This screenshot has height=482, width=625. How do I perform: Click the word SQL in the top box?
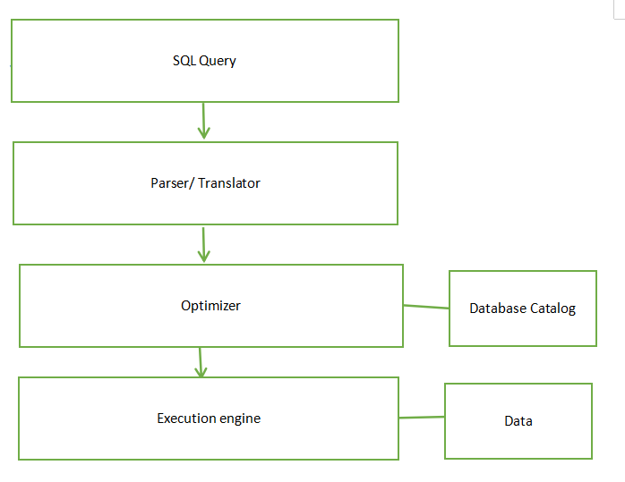pyautogui.click(x=184, y=61)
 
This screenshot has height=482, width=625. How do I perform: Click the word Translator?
pyautogui.click(x=229, y=182)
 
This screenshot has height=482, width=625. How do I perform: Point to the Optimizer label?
pyautogui.click(x=210, y=306)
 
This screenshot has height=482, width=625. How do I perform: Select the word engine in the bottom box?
pyautogui.click(x=239, y=419)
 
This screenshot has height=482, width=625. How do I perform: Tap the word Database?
pyautogui.click(x=497, y=309)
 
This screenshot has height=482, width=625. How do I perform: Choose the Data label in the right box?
pyautogui.click(x=518, y=420)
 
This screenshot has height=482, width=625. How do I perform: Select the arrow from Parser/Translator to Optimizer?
pyautogui.click(x=203, y=242)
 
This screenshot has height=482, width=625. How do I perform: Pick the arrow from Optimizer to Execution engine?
pyautogui.click(x=200, y=360)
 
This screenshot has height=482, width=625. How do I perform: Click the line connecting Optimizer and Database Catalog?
pyautogui.click(x=426, y=307)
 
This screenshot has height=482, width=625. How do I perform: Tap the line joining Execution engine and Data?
pyautogui.click(x=422, y=417)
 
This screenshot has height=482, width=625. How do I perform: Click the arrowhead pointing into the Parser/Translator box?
pyautogui.click(x=203, y=133)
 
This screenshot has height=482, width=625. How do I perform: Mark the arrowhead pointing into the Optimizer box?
pyautogui.click(x=203, y=256)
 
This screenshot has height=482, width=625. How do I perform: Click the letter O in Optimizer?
pyautogui.click(x=185, y=306)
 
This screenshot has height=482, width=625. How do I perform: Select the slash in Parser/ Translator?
pyautogui.click(x=192, y=182)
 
